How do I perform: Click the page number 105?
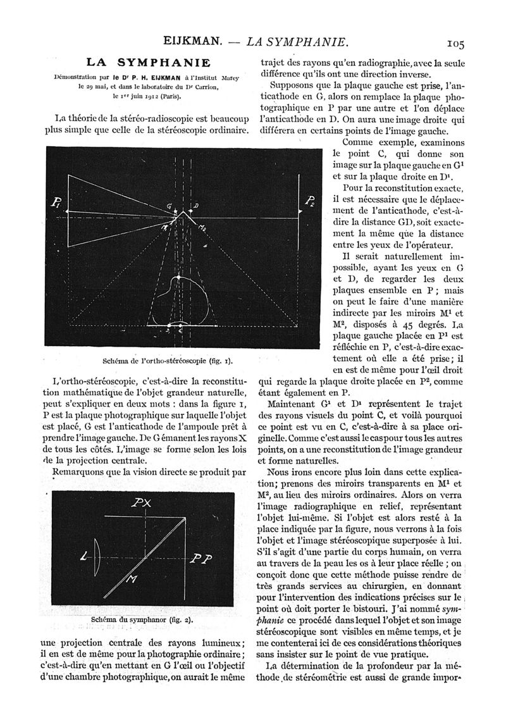pos(455,43)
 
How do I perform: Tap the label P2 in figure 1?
pos(309,202)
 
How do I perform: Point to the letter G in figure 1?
pos(170,206)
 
